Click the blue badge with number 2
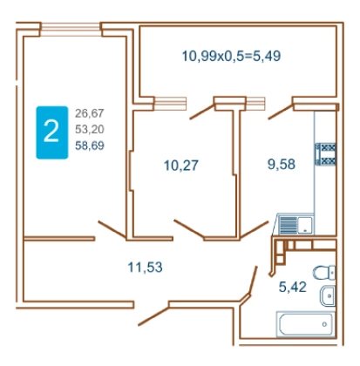(x=52, y=132)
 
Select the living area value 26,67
(x=90, y=113)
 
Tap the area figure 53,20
(x=90, y=129)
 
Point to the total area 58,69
(x=90, y=146)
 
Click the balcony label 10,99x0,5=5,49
(x=231, y=56)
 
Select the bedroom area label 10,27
(x=181, y=166)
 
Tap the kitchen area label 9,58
(x=282, y=164)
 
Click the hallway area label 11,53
(x=145, y=267)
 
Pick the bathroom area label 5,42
(x=293, y=287)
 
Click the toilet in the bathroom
(x=324, y=273)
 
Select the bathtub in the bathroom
(x=305, y=324)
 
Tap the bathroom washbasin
(x=328, y=295)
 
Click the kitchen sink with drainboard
(x=295, y=224)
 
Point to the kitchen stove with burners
(x=325, y=154)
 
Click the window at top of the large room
(x=71, y=30)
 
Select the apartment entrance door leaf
(x=153, y=315)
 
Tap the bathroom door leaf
(x=253, y=281)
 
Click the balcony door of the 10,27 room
(x=202, y=112)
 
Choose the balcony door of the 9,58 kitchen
(x=281, y=112)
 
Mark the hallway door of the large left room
(x=112, y=230)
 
